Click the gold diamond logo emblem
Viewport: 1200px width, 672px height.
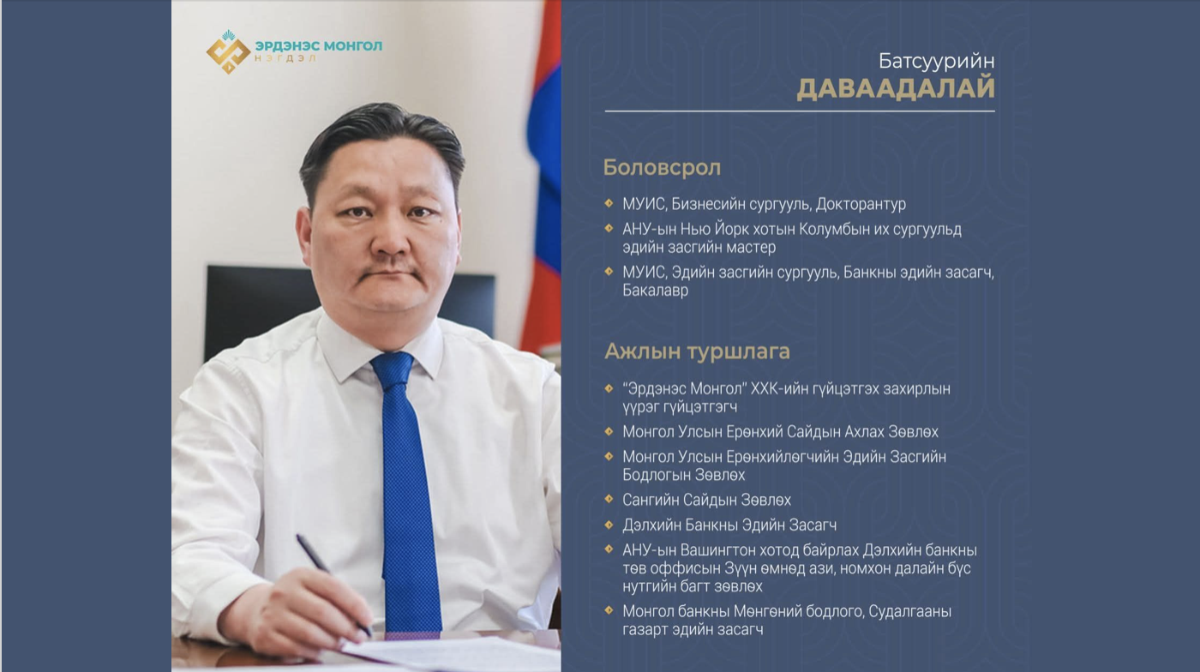point(228,52)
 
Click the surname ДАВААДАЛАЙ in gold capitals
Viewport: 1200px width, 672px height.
point(896,88)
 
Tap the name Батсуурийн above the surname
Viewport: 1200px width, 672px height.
point(936,61)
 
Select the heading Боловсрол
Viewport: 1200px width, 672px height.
point(662,168)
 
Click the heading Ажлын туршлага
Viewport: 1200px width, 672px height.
point(697,351)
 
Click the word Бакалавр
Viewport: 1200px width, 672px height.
point(655,291)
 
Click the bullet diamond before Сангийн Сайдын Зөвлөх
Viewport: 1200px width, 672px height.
point(609,499)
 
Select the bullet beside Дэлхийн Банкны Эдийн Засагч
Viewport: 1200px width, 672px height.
point(609,524)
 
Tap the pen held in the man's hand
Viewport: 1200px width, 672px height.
point(333,585)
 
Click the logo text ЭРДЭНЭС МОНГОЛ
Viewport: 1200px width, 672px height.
point(319,46)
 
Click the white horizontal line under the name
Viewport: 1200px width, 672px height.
point(800,111)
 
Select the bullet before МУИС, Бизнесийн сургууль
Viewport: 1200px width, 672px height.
point(609,203)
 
